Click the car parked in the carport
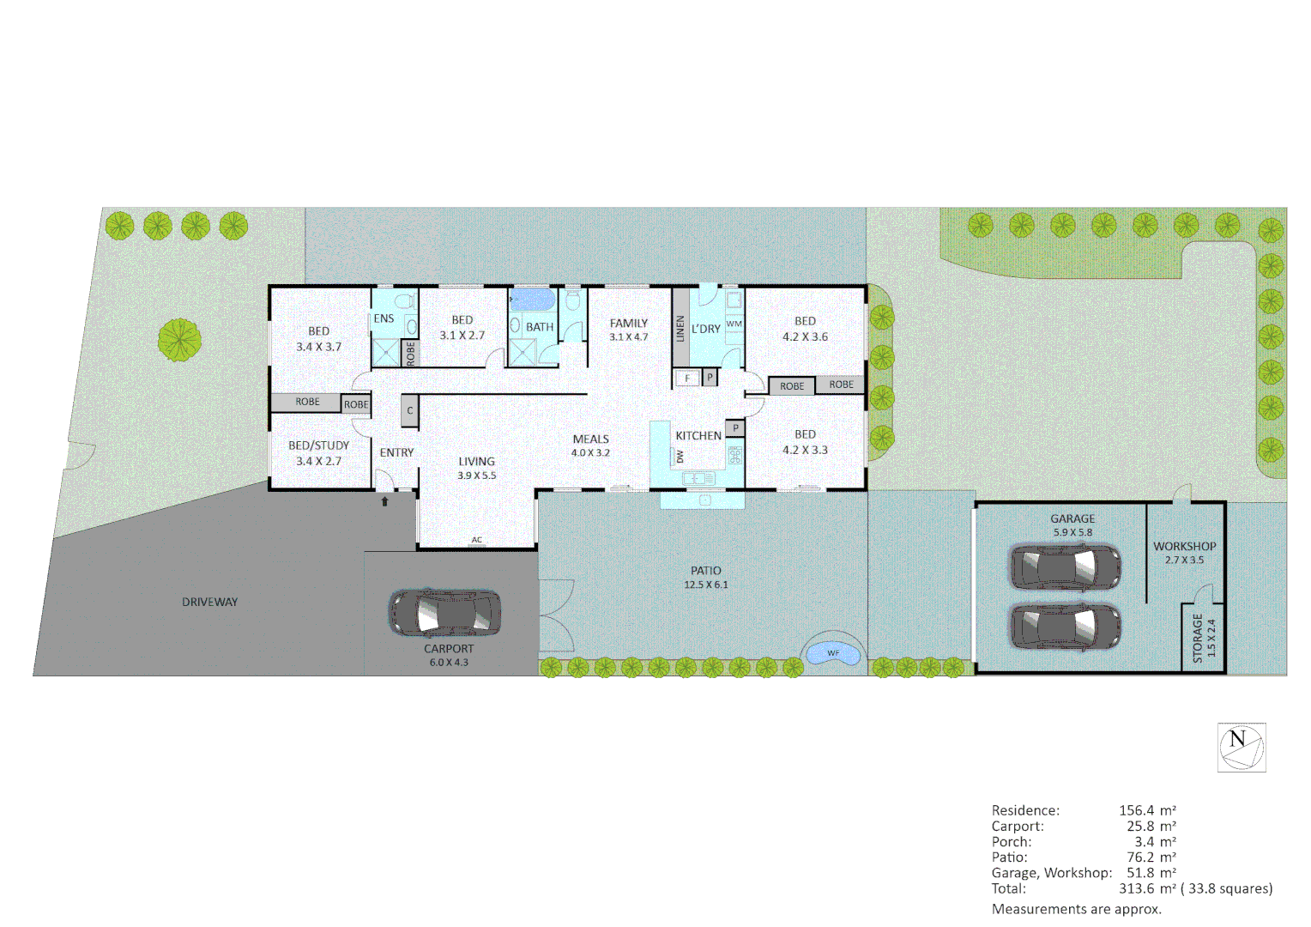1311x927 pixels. click(x=445, y=613)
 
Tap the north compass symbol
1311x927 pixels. click(x=1242, y=748)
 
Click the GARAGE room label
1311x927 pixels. click(x=1072, y=518)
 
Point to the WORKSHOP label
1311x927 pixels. click(x=1184, y=546)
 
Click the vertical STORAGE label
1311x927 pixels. click(x=1198, y=638)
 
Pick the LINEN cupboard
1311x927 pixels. click(x=680, y=329)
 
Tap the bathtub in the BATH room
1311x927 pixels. click(x=533, y=300)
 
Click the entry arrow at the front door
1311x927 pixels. click(x=385, y=501)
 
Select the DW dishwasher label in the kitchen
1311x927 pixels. click(x=680, y=457)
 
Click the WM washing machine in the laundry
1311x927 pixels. click(x=734, y=324)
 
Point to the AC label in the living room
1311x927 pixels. click(x=477, y=540)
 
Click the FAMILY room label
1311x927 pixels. click(x=629, y=324)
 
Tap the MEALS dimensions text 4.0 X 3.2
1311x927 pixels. click(x=590, y=452)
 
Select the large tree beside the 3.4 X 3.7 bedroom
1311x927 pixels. click(x=180, y=340)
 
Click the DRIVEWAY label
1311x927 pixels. click(x=209, y=602)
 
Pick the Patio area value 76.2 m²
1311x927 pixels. click(x=1151, y=857)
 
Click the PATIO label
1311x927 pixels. click(x=706, y=570)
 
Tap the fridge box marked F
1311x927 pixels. click(x=686, y=378)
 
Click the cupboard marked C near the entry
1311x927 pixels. click(x=410, y=410)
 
